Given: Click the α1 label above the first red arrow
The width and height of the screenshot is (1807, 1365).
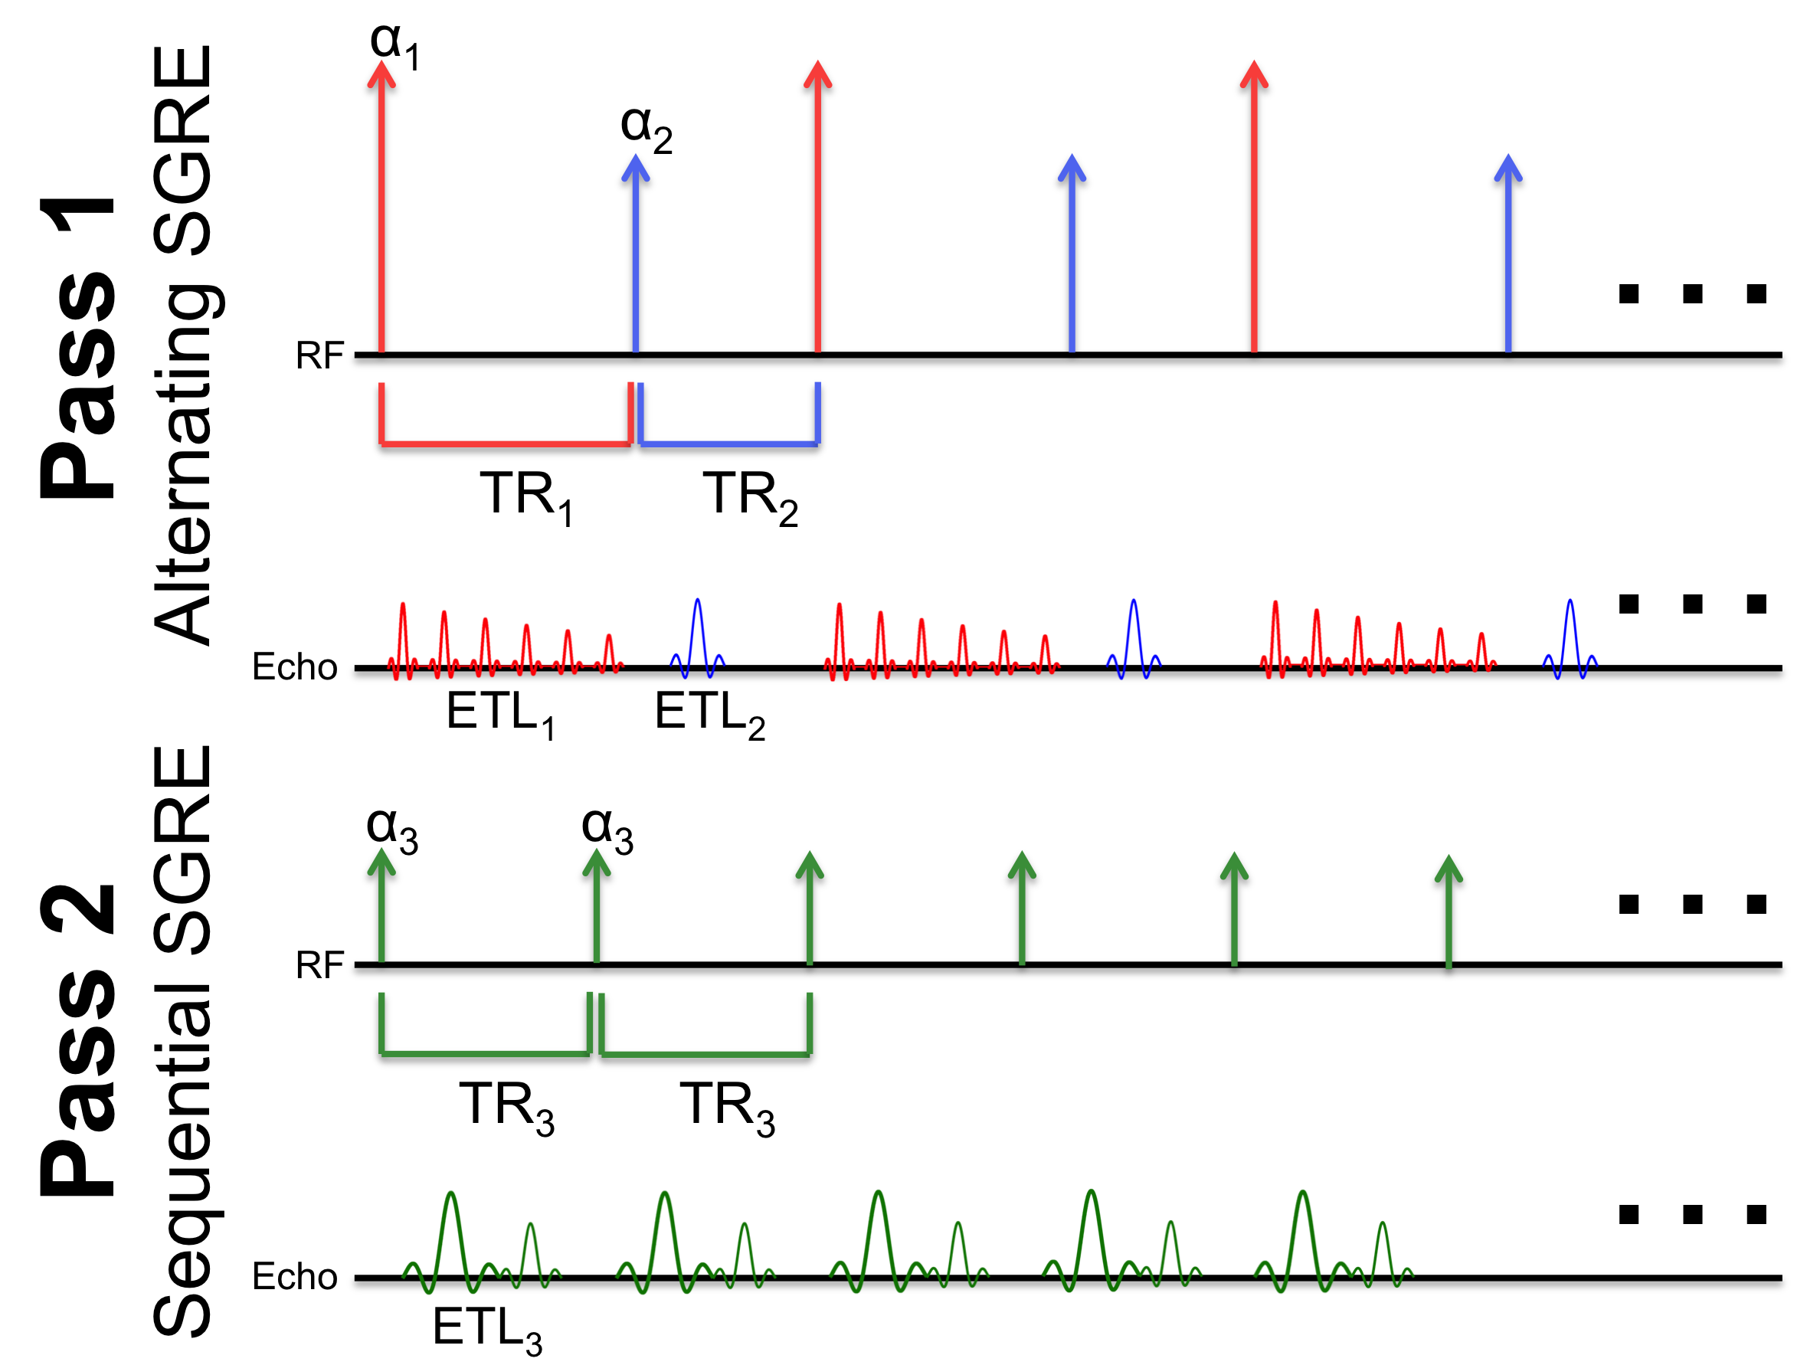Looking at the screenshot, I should (394, 44).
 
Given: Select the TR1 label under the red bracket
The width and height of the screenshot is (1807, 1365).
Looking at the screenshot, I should (527, 496).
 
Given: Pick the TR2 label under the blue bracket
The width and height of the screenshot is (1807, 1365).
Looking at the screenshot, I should (750, 496).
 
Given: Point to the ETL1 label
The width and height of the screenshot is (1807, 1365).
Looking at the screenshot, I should (500, 714).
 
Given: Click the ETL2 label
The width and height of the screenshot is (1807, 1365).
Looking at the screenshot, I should (709, 714).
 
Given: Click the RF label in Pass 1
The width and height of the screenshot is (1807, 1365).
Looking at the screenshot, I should (319, 356).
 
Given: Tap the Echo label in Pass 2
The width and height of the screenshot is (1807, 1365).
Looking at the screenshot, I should (294, 1277).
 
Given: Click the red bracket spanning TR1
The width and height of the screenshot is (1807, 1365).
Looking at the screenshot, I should (506, 444).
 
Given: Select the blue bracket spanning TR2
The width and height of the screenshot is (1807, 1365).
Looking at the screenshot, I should (728, 444).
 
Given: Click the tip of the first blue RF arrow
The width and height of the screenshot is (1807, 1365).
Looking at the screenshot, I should (636, 160).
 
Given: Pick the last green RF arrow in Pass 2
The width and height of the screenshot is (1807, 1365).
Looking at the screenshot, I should (1449, 911).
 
